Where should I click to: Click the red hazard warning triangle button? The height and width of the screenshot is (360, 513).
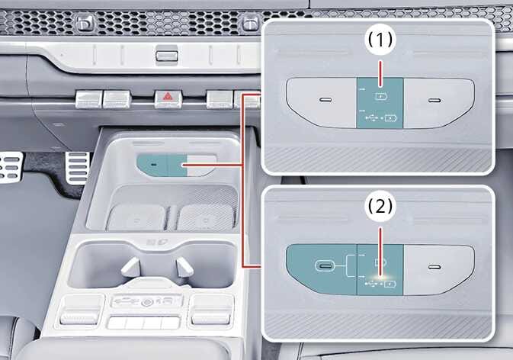pos(168,98)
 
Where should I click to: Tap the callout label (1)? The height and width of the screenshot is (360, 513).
pos(380,40)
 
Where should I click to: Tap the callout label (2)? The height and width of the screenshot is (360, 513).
pos(380,207)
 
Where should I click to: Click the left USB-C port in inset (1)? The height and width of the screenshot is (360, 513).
pos(325,99)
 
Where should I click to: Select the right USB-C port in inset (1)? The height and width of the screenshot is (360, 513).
pos(434,100)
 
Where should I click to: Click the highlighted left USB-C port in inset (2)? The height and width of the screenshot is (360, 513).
pos(325,265)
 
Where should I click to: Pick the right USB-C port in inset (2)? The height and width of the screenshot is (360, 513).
pos(434,267)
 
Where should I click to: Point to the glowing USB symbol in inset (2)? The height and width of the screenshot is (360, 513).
pos(373,282)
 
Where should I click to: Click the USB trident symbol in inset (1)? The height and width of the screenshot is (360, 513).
pos(372,117)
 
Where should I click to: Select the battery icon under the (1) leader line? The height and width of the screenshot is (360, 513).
pos(381,97)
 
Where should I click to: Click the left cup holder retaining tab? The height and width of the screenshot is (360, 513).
pos(130,267)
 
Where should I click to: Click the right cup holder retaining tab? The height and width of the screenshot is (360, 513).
pos(184,267)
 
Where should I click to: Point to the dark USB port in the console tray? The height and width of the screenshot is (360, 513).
pos(153,165)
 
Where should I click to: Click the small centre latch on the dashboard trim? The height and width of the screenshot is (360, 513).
pos(167,56)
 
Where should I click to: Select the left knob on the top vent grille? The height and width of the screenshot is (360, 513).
pos(85,23)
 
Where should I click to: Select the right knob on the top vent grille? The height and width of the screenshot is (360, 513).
pos(250,23)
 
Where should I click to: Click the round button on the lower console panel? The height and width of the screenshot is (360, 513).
pos(146,303)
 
